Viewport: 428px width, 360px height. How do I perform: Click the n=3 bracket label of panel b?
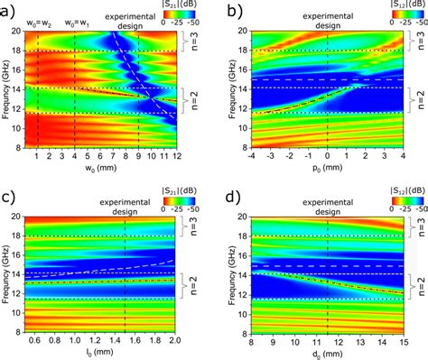click(417, 41)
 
